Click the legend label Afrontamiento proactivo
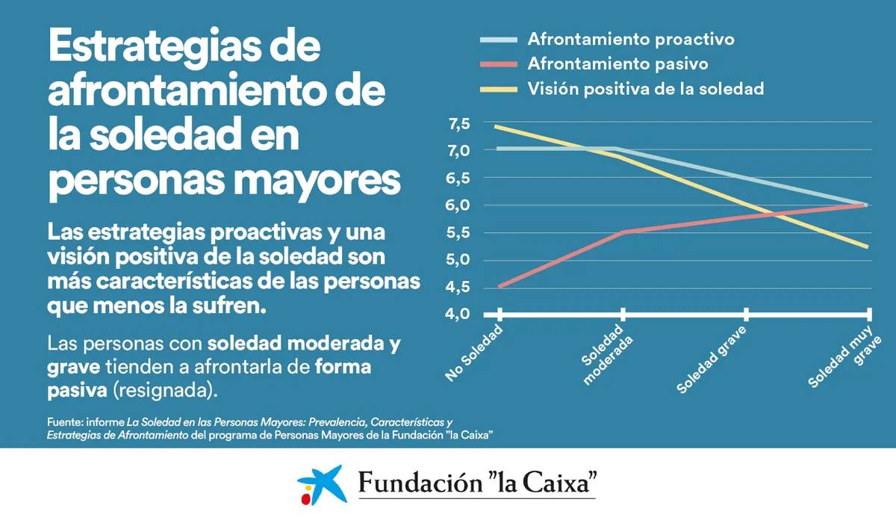(631, 40)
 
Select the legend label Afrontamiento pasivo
(617, 64)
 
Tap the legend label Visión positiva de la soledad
(646, 88)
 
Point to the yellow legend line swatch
(499, 90)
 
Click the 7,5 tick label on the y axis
(458, 124)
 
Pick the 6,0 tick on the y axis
(458, 205)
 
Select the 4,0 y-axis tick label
(458, 314)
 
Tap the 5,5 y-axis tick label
(458, 232)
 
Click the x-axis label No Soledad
(474, 353)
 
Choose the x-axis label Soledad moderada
(607, 354)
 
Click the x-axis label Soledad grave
(711, 359)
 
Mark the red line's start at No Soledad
(500, 287)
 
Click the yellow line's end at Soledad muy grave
(867, 247)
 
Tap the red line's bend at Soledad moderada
(623, 232)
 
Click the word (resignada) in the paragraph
(165, 390)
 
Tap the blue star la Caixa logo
(323, 484)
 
